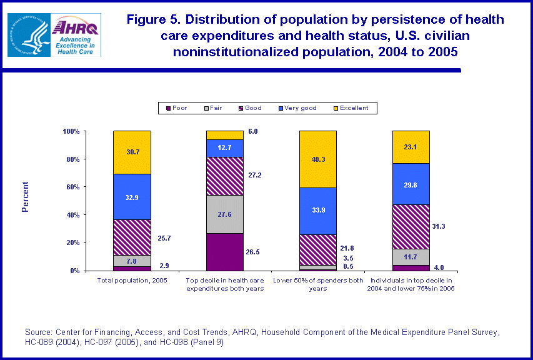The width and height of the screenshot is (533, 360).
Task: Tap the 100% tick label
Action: pyautogui.click(x=71, y=131)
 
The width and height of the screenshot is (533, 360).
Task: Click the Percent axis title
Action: pyautogui.click(x=26, y=197)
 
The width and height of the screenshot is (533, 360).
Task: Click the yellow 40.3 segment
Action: pyautogui.click(x=318, y=159)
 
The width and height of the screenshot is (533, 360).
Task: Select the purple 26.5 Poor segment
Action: pyautogui.click(x=225, y=252)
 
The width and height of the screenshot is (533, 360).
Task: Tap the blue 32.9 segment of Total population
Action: pyautogui.click(x=132, y=196)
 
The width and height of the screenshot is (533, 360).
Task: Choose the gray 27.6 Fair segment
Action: pyautogui.click(x=225, y=214)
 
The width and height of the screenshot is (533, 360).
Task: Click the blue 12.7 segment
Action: pyautogui.click(x=225, y=148)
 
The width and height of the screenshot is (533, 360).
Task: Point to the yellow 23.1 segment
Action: pyautogui.click(x=411, y=147)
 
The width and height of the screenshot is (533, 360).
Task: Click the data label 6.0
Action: pyautogui.click(x=253, y=132)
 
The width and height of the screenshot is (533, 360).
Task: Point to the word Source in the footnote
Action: pyautogui.click(x=38, y=332)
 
